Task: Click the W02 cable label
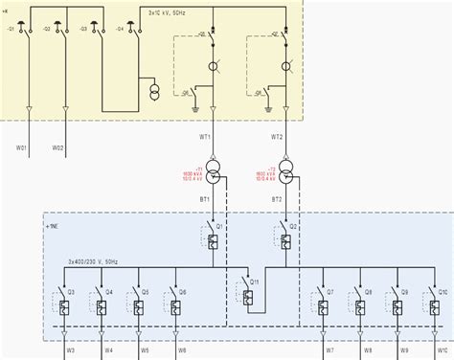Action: (58, 146)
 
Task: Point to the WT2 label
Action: (277, 136)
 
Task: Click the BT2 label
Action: (277, 199)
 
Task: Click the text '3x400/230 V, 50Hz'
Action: (92, 259)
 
